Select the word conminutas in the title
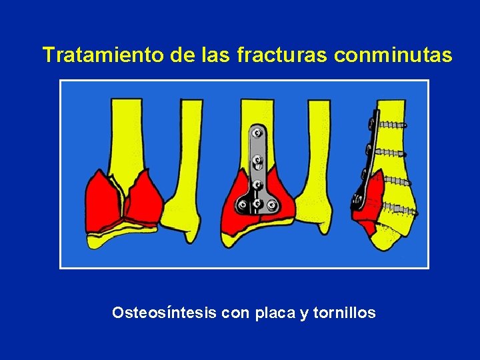pyautogui.click(x=393, y=55)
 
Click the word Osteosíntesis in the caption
pyautogui.click(x=164, y=312)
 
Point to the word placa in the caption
pyautogui.click(x=275, y=312)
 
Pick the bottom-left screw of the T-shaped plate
pyautogui.click(x=242, y=205)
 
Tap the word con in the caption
pyautogui.click(x=235, y=312)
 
